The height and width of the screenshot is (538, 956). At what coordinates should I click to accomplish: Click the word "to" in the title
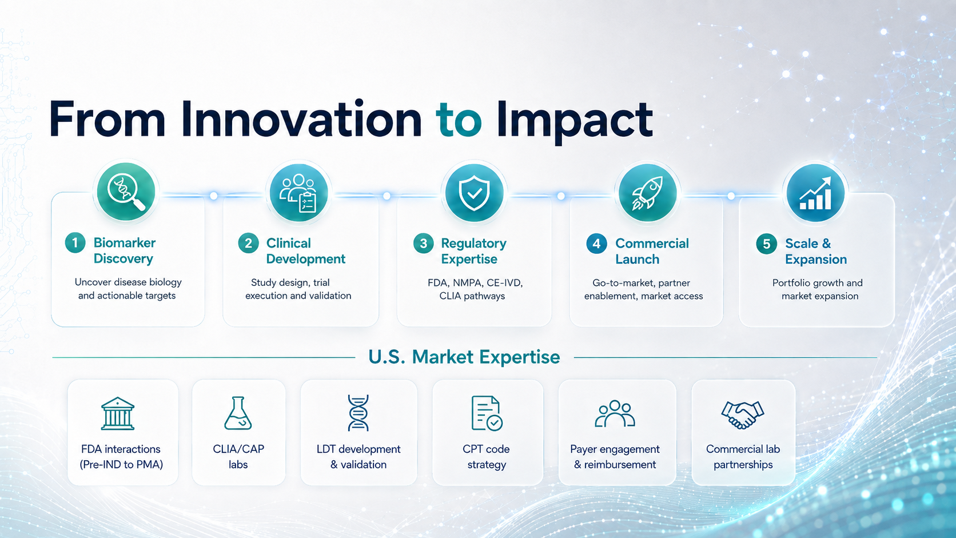459,121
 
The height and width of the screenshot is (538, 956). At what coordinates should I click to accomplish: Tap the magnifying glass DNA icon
126,192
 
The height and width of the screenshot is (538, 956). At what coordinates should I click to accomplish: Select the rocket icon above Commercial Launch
647,193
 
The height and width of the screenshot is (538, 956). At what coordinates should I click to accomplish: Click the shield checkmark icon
474,193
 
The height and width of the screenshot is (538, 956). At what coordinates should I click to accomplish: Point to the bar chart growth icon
815,193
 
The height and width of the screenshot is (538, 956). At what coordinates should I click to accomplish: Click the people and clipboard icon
298,193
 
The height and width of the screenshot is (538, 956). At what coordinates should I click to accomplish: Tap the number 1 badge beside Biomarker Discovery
75,243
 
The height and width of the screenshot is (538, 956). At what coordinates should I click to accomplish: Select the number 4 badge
597,244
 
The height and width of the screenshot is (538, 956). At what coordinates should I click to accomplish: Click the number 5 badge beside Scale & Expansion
767,244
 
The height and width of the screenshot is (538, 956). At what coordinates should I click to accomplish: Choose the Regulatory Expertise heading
473,251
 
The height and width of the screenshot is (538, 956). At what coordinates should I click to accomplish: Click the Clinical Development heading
305,251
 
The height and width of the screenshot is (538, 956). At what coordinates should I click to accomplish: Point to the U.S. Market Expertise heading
464,357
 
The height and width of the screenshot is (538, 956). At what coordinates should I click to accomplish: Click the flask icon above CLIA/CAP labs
238,413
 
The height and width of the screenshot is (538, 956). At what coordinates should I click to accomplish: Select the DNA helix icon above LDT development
358,413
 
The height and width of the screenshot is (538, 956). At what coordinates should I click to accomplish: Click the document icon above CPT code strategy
487,413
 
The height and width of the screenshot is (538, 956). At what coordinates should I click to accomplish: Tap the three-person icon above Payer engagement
615,413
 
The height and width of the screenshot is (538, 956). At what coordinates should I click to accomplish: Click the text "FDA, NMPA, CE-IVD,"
475,283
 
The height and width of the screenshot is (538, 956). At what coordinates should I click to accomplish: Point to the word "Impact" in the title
575,122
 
